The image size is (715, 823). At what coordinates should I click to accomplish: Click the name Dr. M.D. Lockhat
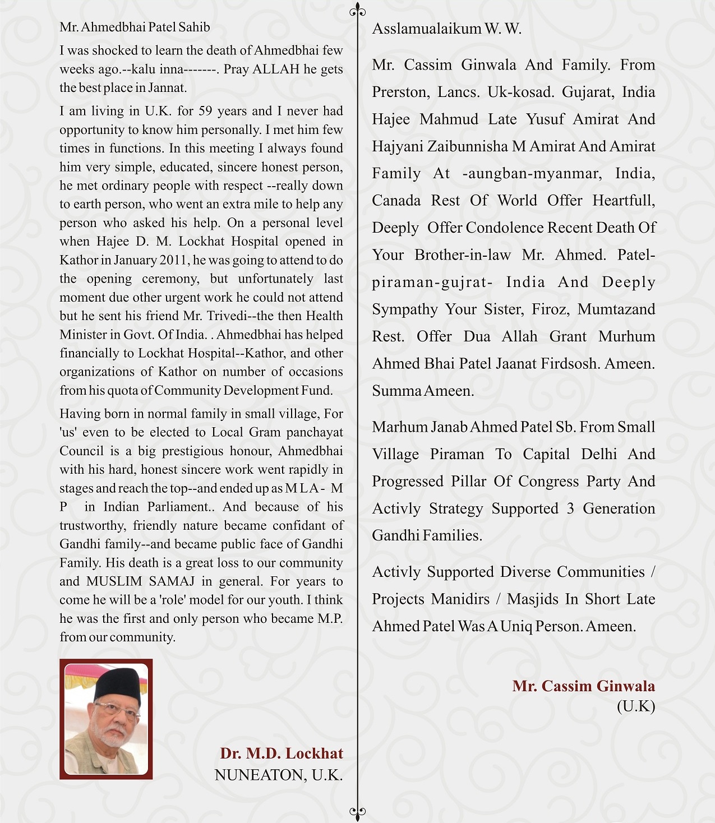pos(281,753)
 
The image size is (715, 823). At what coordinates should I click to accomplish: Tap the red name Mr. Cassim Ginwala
pos(583,686)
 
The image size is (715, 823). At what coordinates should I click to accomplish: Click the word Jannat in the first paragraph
pos(167,88)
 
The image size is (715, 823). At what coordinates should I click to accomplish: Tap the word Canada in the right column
pos(396,201)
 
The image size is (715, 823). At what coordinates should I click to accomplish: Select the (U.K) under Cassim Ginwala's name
pos(635,706)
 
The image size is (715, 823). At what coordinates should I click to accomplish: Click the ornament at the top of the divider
pos(358,11)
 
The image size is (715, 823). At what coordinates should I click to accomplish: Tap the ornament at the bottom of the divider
pos(358,811)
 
